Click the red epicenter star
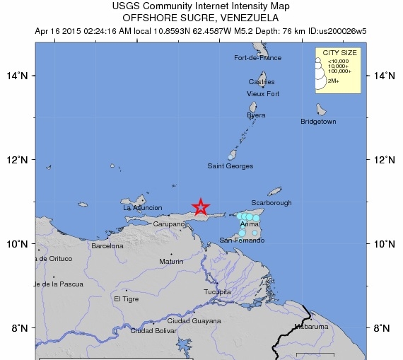[x=201, y=207]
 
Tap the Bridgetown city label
[x=318, y=122]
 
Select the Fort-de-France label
[x=257, y=58]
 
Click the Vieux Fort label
[x=263, y=93]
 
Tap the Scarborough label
[x=271, y=203]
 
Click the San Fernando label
[x=242, y=240]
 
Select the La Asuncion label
[x=143, y=208]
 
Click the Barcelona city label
[x=107, y=246]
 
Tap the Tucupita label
[x=217, y=291]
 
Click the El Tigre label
[x=127, y=298]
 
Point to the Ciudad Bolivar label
[x=153, y=330]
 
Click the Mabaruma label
[x=312, y=327]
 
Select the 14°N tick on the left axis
[x=18, y=76]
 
